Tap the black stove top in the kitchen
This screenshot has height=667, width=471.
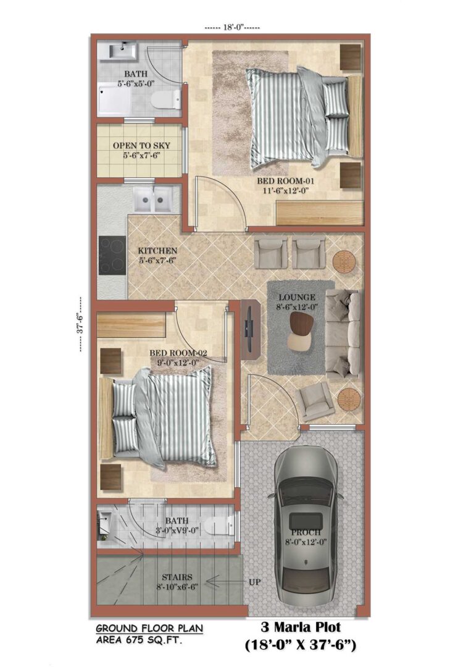tap(112, 255)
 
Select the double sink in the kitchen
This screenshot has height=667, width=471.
tap(152, 199)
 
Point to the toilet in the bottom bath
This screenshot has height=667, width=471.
tap(219, 526)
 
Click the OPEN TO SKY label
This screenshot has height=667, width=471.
tap(141, 146)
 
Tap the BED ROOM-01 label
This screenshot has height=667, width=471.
tap(285, 181)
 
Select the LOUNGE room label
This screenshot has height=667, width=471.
tap(297, 297)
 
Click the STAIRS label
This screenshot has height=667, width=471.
tap(177, 577)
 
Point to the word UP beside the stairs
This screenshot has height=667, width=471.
tap(254, 582)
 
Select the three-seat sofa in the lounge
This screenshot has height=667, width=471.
tap(343, 334)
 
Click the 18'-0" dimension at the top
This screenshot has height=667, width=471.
tap(233, 28)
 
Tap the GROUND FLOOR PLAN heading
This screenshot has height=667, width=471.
tap(149, 628)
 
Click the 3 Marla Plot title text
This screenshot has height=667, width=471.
tap(301, 627)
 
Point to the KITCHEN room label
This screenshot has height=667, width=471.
tap(157, 251)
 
